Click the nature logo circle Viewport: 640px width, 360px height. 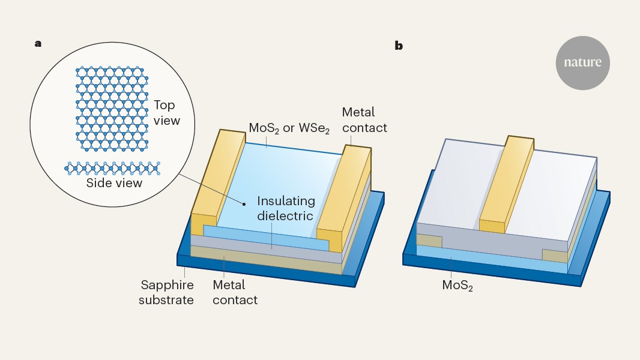(x=582, y=62)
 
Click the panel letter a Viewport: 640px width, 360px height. (x=38, y=43)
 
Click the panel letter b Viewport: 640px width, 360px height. (x=399, y=46)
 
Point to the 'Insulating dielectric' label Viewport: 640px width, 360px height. (x=285, y=208)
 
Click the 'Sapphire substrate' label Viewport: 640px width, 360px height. (x=167, y=292)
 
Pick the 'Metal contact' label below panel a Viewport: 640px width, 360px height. (x=235, y=292)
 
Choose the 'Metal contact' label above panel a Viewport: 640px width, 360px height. (x=364, y=119)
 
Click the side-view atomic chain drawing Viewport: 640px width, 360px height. (x=112, y=167)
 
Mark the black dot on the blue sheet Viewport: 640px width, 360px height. (x=244, y=204)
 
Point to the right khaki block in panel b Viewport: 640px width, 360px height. (x=555, y=256)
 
